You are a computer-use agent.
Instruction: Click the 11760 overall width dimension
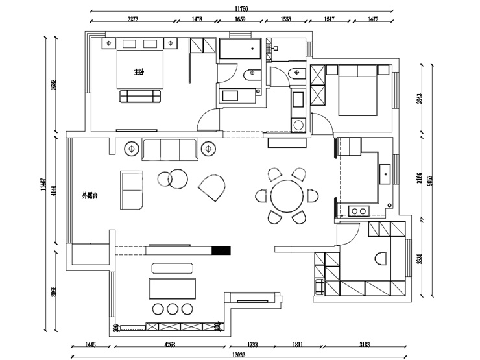pos(241,8)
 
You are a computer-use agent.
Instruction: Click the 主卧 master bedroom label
pos(138,71)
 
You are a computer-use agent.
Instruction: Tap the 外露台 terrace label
pos(90,195)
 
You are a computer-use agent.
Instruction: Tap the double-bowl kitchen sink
pos(357,210)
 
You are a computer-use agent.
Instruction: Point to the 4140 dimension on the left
pos(54,191)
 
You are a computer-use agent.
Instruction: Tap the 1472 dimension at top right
pos(372,20)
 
